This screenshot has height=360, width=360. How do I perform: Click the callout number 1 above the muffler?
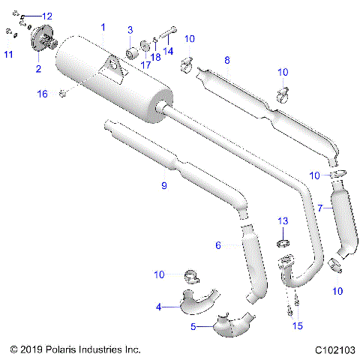[103, 27]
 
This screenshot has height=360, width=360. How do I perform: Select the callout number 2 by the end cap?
[38, 69]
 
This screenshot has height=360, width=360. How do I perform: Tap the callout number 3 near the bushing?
[130, 30]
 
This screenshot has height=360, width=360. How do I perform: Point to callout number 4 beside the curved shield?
[158, 307]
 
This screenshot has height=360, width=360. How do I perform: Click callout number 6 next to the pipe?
[218, 245]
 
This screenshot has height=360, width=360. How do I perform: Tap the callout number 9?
[164, 185]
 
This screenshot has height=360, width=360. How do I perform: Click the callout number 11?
[8, 55]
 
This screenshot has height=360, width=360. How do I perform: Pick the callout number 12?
[46, 16]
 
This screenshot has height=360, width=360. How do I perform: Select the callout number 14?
[168, 51]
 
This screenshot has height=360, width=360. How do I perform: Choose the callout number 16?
[42, 94]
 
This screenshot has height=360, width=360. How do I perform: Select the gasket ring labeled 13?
[283, 243]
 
